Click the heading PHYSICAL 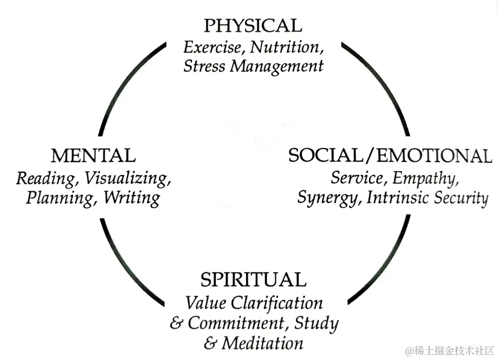252,25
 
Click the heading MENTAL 93,155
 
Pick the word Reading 45,179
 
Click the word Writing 132,198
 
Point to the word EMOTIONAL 434,155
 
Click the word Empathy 426,178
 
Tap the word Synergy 329,198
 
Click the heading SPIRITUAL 253,279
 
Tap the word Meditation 262,343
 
